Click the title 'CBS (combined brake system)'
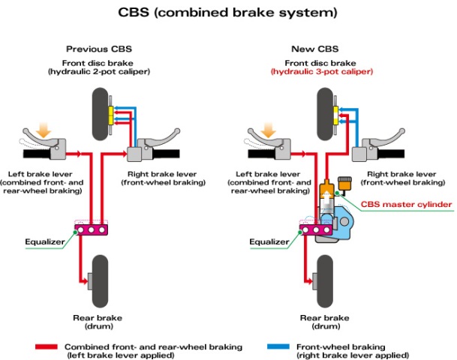pos(227,13)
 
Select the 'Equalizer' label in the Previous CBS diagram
pos(44,241)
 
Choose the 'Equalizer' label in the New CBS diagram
pos(269,241)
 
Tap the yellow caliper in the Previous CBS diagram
pos(110,115)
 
